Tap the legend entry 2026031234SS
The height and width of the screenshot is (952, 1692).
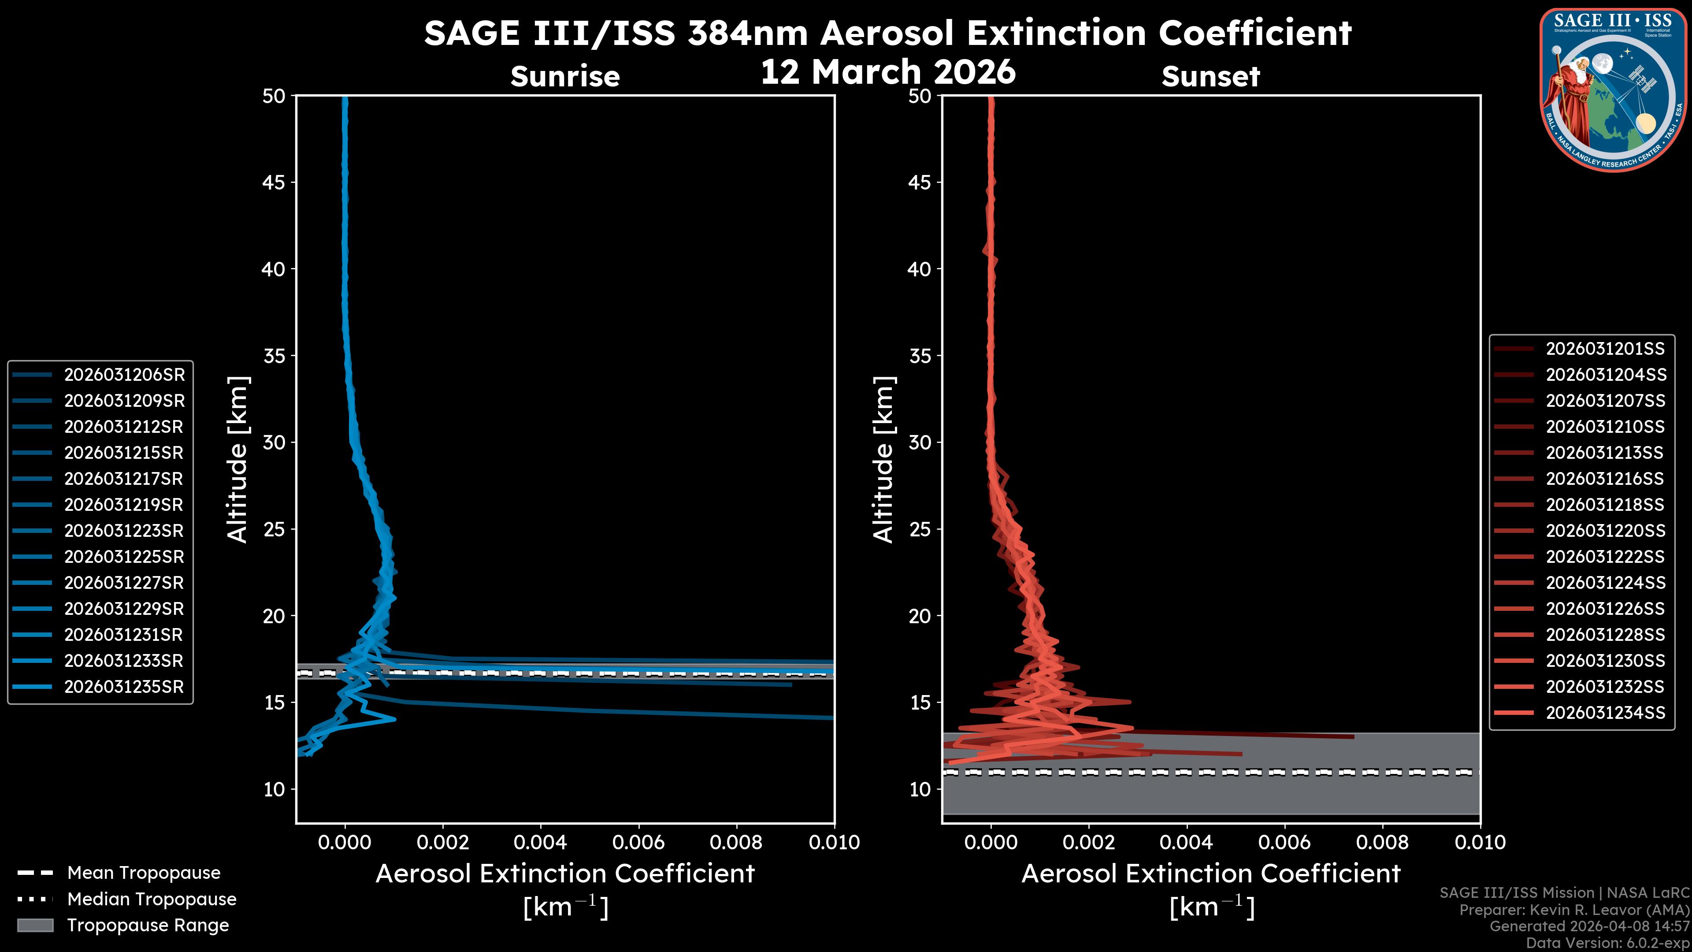click(1605, 712)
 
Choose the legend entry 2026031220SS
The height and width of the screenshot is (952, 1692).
click(1605, 530)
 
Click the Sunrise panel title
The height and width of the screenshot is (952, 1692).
click(565, 76)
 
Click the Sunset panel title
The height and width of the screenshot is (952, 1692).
click(1210, 76)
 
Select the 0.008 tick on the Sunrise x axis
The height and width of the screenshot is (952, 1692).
click(736, 842)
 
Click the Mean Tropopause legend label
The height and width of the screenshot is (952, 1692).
click(144, 873)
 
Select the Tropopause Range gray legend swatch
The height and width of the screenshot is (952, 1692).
click(35, 925)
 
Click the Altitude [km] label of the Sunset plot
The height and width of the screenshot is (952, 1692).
click(883, 459)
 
